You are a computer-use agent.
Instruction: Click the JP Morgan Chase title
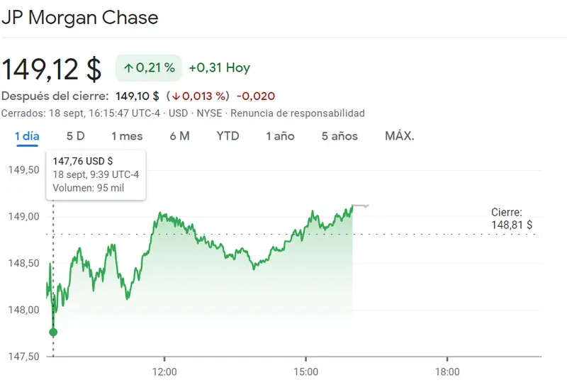click(x=79, y=18)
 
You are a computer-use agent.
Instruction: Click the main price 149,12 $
click(x=51, y=69)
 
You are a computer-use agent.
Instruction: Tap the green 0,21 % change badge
click(x=149, y=68)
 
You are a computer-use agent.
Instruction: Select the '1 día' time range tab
click(x=27, y=135)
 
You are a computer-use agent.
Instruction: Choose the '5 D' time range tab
click(x=75, y=135)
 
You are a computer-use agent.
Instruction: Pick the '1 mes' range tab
click(x=127, y=135)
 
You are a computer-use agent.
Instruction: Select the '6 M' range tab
click(x=179, y=135)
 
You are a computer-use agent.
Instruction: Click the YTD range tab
click(x=228, y=135)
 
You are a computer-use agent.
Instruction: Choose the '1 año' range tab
click(x=280, y=135)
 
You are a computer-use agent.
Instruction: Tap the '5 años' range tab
click(x=339, y=135)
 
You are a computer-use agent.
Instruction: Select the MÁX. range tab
click(x=399, y=135)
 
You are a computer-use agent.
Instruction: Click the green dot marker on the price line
click(x=53, y=332)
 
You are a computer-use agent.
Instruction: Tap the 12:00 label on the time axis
click(x=164, y=371)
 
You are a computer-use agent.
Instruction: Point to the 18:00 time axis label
click(x=447, y=371)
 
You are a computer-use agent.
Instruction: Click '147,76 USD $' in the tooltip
click(x=82, y=161)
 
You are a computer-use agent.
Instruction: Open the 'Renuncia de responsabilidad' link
click(x=298, y=113)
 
